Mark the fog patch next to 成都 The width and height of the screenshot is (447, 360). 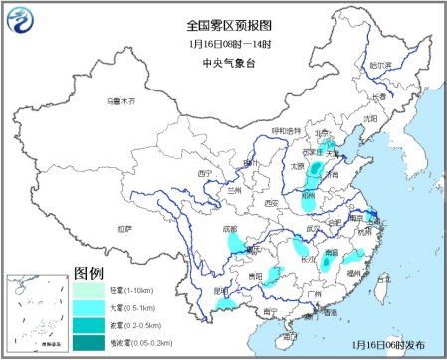click(x=234, y=242)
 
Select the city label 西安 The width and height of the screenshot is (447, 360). click(x=268, y=203)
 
